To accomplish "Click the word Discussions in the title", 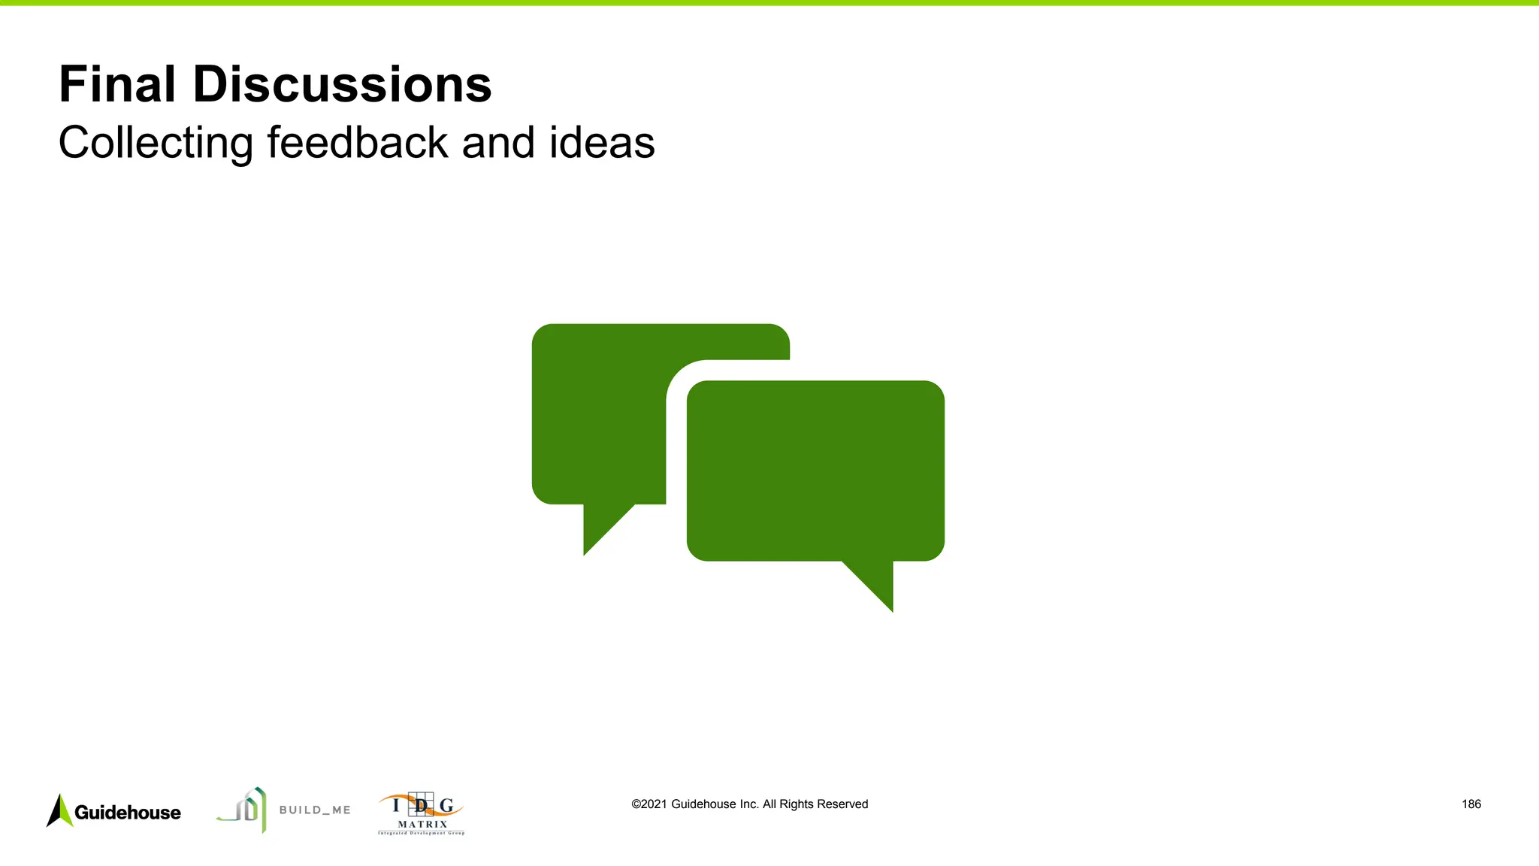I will click(342, 84).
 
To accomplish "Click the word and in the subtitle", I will click(498, 143).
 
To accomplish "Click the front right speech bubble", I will click(815, 470).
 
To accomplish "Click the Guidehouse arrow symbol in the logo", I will click(59, 811).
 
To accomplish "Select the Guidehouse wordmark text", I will click(128, 813).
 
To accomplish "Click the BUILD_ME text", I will click(315, 810).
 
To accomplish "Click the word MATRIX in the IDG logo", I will click(422, 825).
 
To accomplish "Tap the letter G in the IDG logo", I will click(446, 806).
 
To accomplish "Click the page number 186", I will click(1471, 804).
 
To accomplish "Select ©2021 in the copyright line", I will click(649, 804).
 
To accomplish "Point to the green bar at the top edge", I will click(769, 3).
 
